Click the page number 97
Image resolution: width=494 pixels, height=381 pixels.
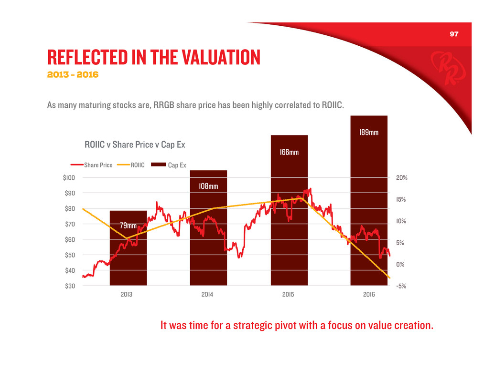(x=453, y=34)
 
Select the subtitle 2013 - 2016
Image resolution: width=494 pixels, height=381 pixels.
(x=73, y=75)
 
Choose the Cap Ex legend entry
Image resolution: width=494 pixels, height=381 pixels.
(x=176, y=165)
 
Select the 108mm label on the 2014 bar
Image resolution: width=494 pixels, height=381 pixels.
(x=208, y=186)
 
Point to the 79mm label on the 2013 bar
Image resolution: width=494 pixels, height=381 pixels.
(x=128, y=225)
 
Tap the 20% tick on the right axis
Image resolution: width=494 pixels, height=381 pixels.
(x=401, y=177)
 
